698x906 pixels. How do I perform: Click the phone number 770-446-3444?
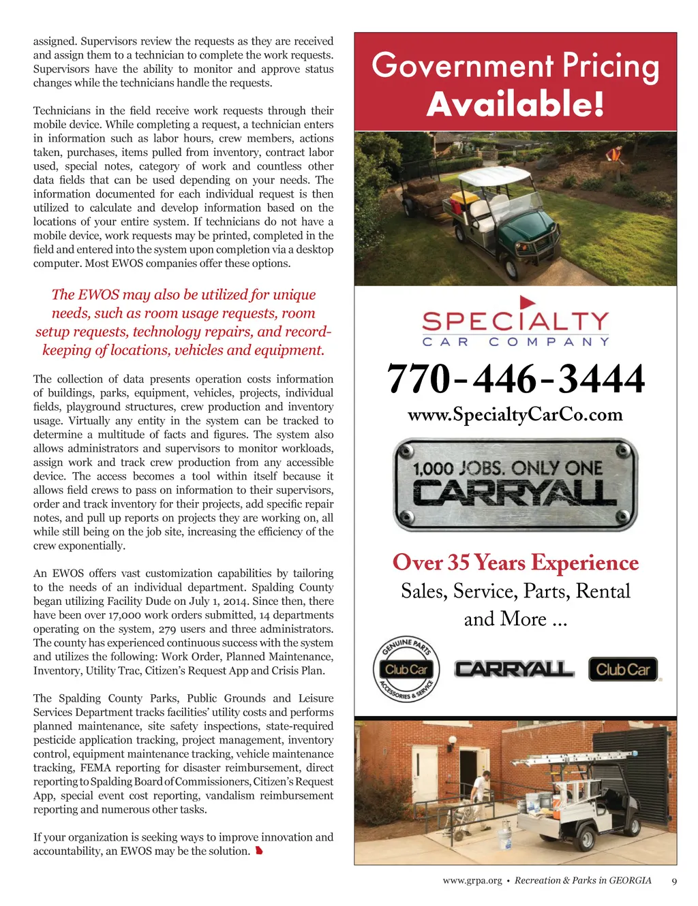point(515,379)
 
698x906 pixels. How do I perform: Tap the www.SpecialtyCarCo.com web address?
point(515,415)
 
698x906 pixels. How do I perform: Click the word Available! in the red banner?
point(515,104)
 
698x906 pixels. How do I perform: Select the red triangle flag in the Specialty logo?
point(527,302)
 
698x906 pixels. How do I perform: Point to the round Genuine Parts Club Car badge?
point(407,670)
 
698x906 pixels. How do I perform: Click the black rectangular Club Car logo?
point(623,670)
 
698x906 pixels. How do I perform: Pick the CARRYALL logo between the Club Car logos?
point(514,670)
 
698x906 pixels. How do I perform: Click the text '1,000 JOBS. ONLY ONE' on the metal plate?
point(508,469)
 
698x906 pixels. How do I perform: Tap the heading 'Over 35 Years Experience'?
point(515,563)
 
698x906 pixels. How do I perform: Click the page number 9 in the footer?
point(674,881)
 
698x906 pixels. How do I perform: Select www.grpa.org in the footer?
point(472,881)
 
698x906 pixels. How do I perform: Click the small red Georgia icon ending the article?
point(259,851)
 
